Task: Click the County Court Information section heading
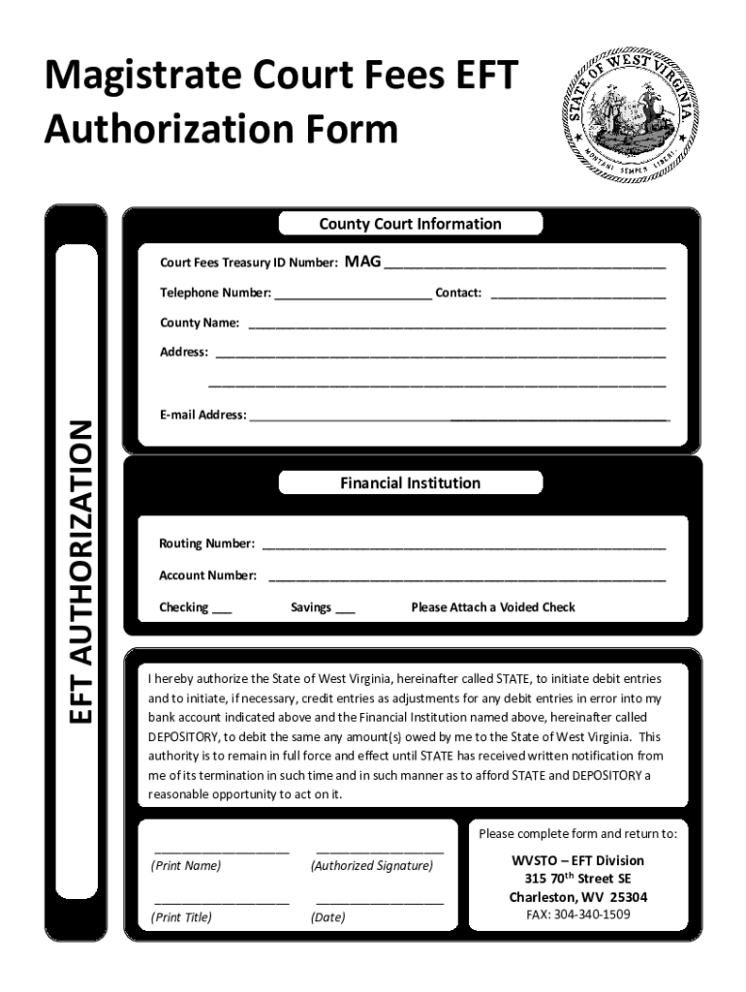(x=410, y=224)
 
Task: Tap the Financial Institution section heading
(x=410, y=482)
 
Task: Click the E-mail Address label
(x=202, y=415)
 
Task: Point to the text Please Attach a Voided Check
(x=493, y=607)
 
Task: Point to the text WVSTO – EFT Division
(x=578, y=860)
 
